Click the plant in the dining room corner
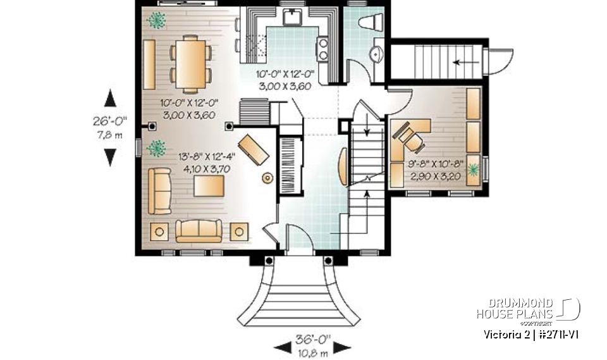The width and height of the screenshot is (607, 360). (x=156, y=21)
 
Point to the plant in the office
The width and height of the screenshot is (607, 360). (x=472, y=170)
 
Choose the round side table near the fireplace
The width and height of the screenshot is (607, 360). (x=267, y=178)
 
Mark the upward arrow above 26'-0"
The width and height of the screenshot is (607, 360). (x=111, y=97)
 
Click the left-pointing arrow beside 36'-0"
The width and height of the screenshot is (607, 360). (x=280, y=347)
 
